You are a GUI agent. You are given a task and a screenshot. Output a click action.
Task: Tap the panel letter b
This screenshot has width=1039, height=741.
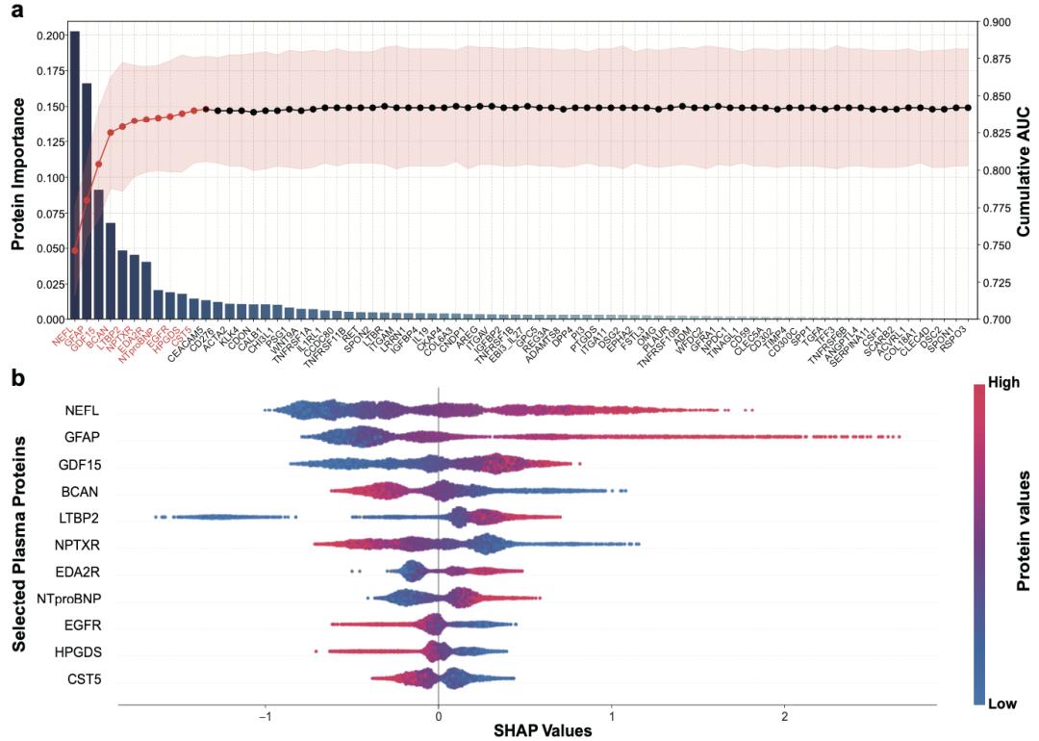(16, 377)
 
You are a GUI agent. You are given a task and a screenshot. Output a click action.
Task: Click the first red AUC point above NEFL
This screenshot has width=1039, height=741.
(75, 250)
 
